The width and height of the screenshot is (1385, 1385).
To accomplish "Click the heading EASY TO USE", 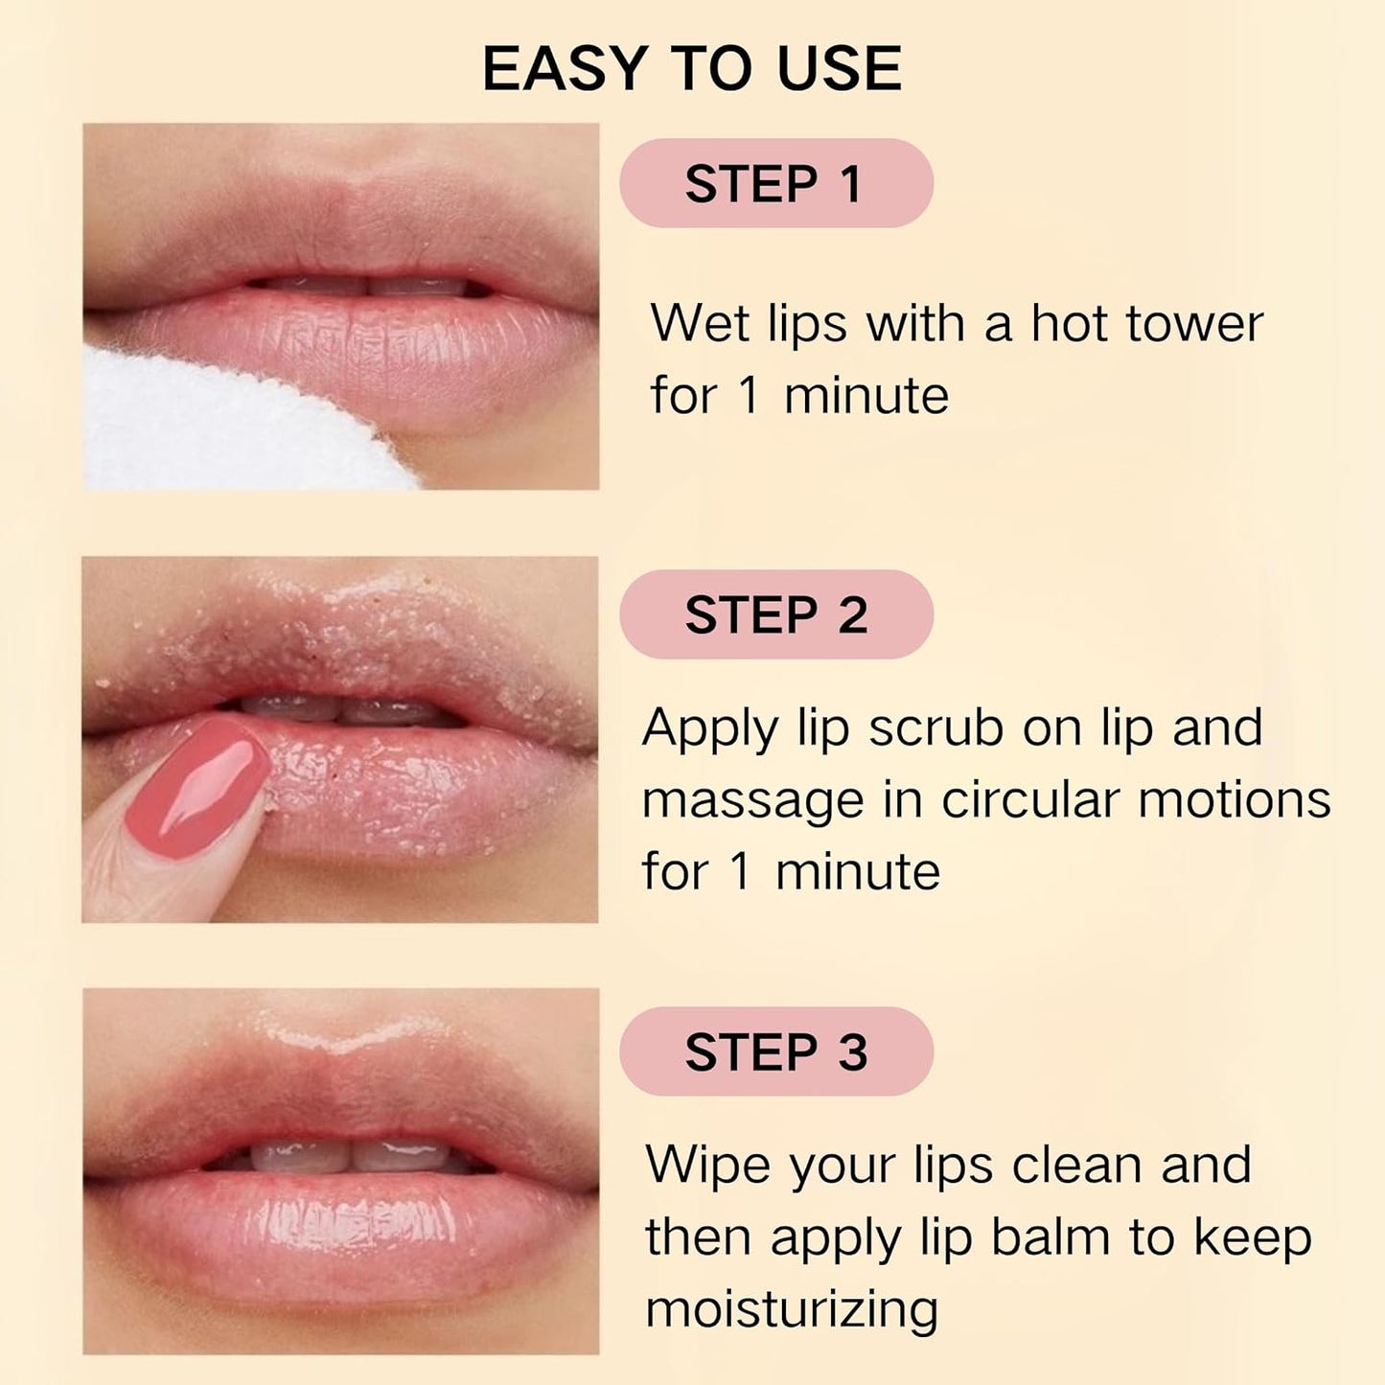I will [692, 68].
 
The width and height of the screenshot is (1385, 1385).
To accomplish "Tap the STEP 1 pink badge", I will [775, 183].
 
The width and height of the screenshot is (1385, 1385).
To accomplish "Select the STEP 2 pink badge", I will [775, 614].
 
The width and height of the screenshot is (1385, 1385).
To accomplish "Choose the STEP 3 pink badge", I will [775, 1051].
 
